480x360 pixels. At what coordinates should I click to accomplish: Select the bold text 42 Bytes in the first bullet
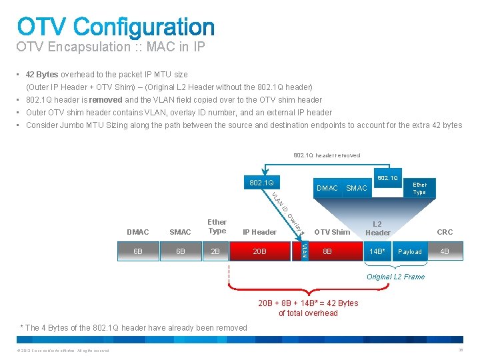click(42, 75)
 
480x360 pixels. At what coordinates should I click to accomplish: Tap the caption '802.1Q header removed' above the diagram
click(327, 155)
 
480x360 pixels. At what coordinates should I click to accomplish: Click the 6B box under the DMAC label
click(137, 252)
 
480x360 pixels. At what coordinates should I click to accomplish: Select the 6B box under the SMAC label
click(180, 252)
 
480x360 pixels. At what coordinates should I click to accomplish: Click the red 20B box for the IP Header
click(259, 252)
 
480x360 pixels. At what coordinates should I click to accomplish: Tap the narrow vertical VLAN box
click(303, 251)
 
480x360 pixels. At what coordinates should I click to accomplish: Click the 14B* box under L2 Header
click(378, 252)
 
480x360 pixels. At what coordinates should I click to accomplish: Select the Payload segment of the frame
click(409, 252)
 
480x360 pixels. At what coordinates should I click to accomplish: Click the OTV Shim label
click(331, 232)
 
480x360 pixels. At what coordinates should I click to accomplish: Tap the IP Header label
click(259, 232)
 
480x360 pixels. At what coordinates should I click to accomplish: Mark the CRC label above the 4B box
click(444, 232)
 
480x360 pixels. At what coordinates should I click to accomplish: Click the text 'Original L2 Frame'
click(395, 277)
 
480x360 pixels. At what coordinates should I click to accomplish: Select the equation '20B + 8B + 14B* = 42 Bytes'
click(308, 303)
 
